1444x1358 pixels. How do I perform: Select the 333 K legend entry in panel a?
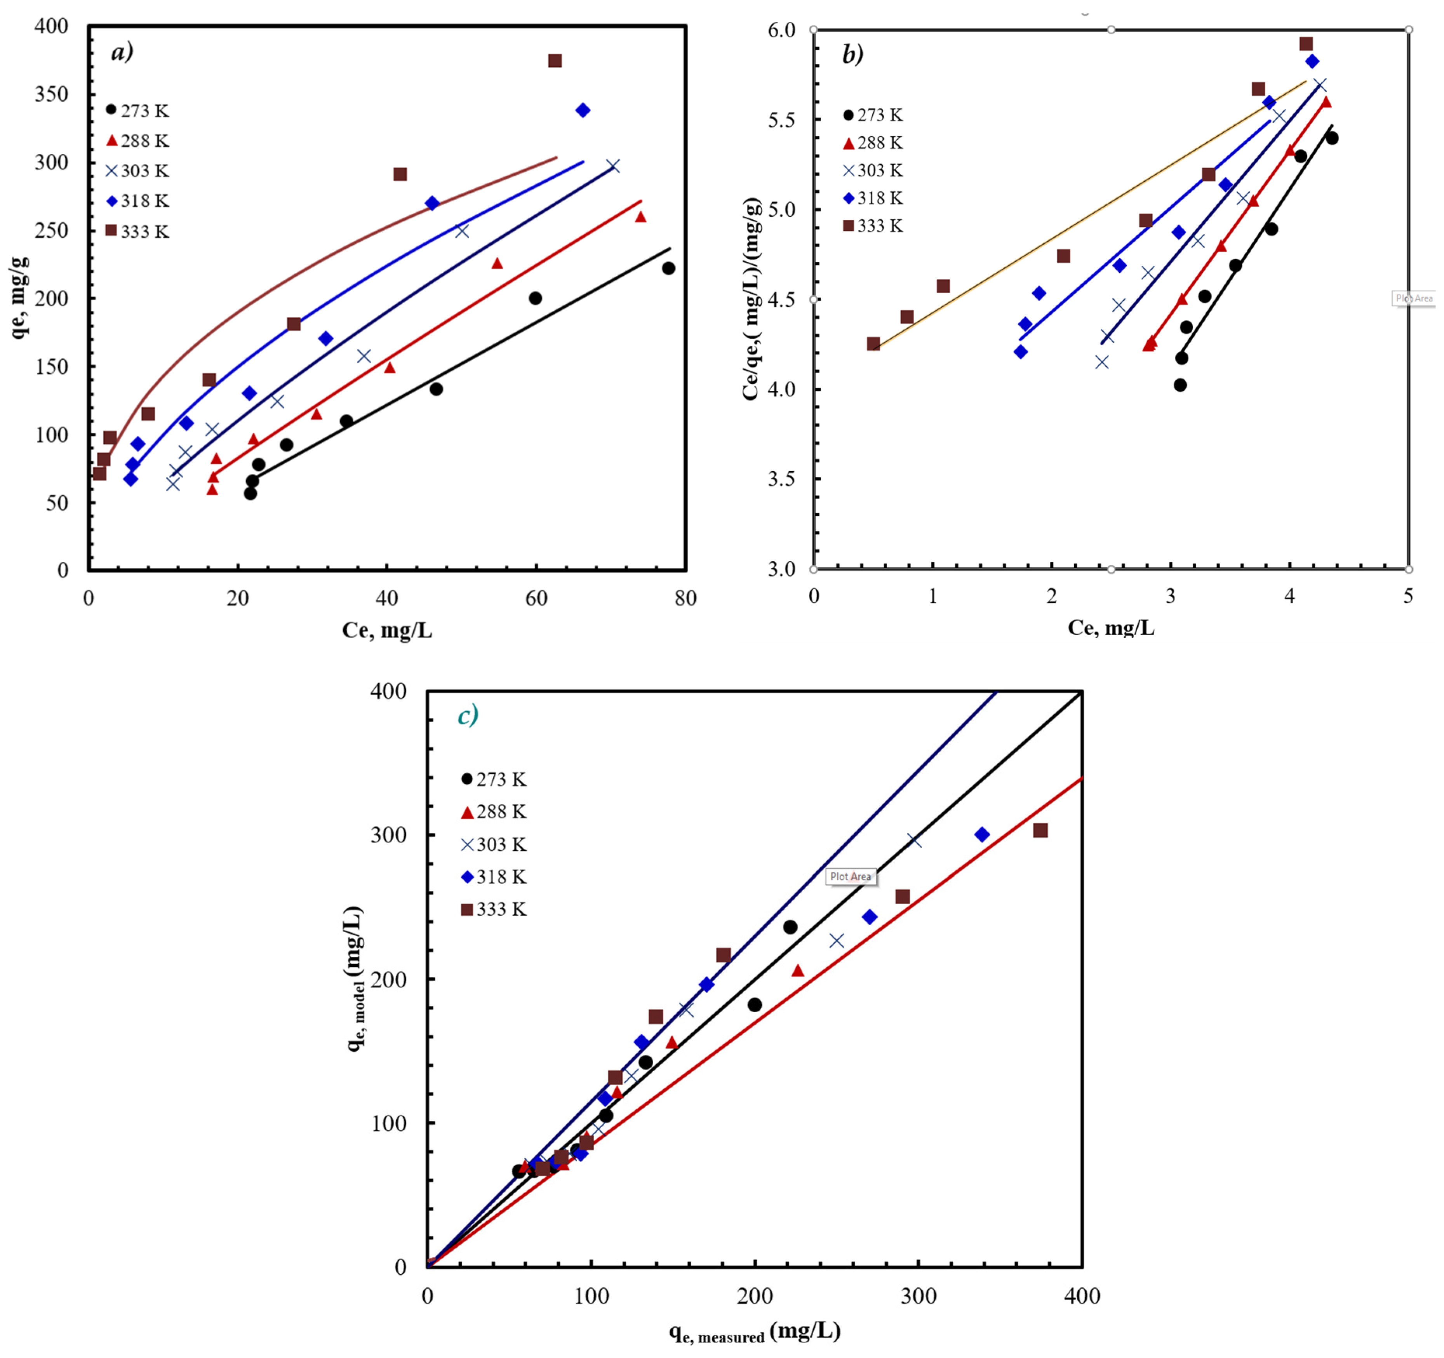click(x=138, y=232)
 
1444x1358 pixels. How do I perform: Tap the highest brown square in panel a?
click(x=555, y=60)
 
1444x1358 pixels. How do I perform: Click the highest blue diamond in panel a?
click(x=583, y=110)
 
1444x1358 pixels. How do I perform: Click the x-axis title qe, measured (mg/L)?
click(x=755, y=1332)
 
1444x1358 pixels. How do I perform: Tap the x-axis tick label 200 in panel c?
click(x=755, y=1297)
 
